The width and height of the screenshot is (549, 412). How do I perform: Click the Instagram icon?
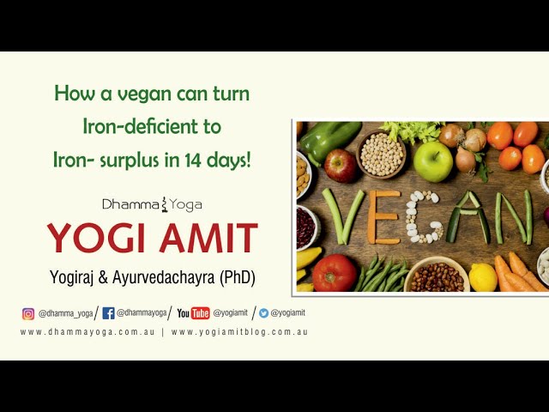(28, 313)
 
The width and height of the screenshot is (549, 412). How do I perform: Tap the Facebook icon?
(108, 313)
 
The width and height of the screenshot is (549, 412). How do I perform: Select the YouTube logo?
(194, 313)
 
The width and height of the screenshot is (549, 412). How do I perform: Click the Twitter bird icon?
(263, 313)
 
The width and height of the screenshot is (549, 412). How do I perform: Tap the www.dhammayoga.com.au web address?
(87, 332)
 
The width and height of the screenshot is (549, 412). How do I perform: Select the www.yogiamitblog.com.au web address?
(239, 332)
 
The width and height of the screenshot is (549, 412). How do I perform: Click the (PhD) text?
(233, 277)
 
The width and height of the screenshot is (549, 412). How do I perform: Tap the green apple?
(432, 161)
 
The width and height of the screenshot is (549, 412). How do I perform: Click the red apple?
(341, 165)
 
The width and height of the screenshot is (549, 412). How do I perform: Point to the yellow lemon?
(483, 277)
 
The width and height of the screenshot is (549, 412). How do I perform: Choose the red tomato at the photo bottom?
(334, 273)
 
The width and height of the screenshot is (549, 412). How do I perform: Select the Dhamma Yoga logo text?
(152, 204)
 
